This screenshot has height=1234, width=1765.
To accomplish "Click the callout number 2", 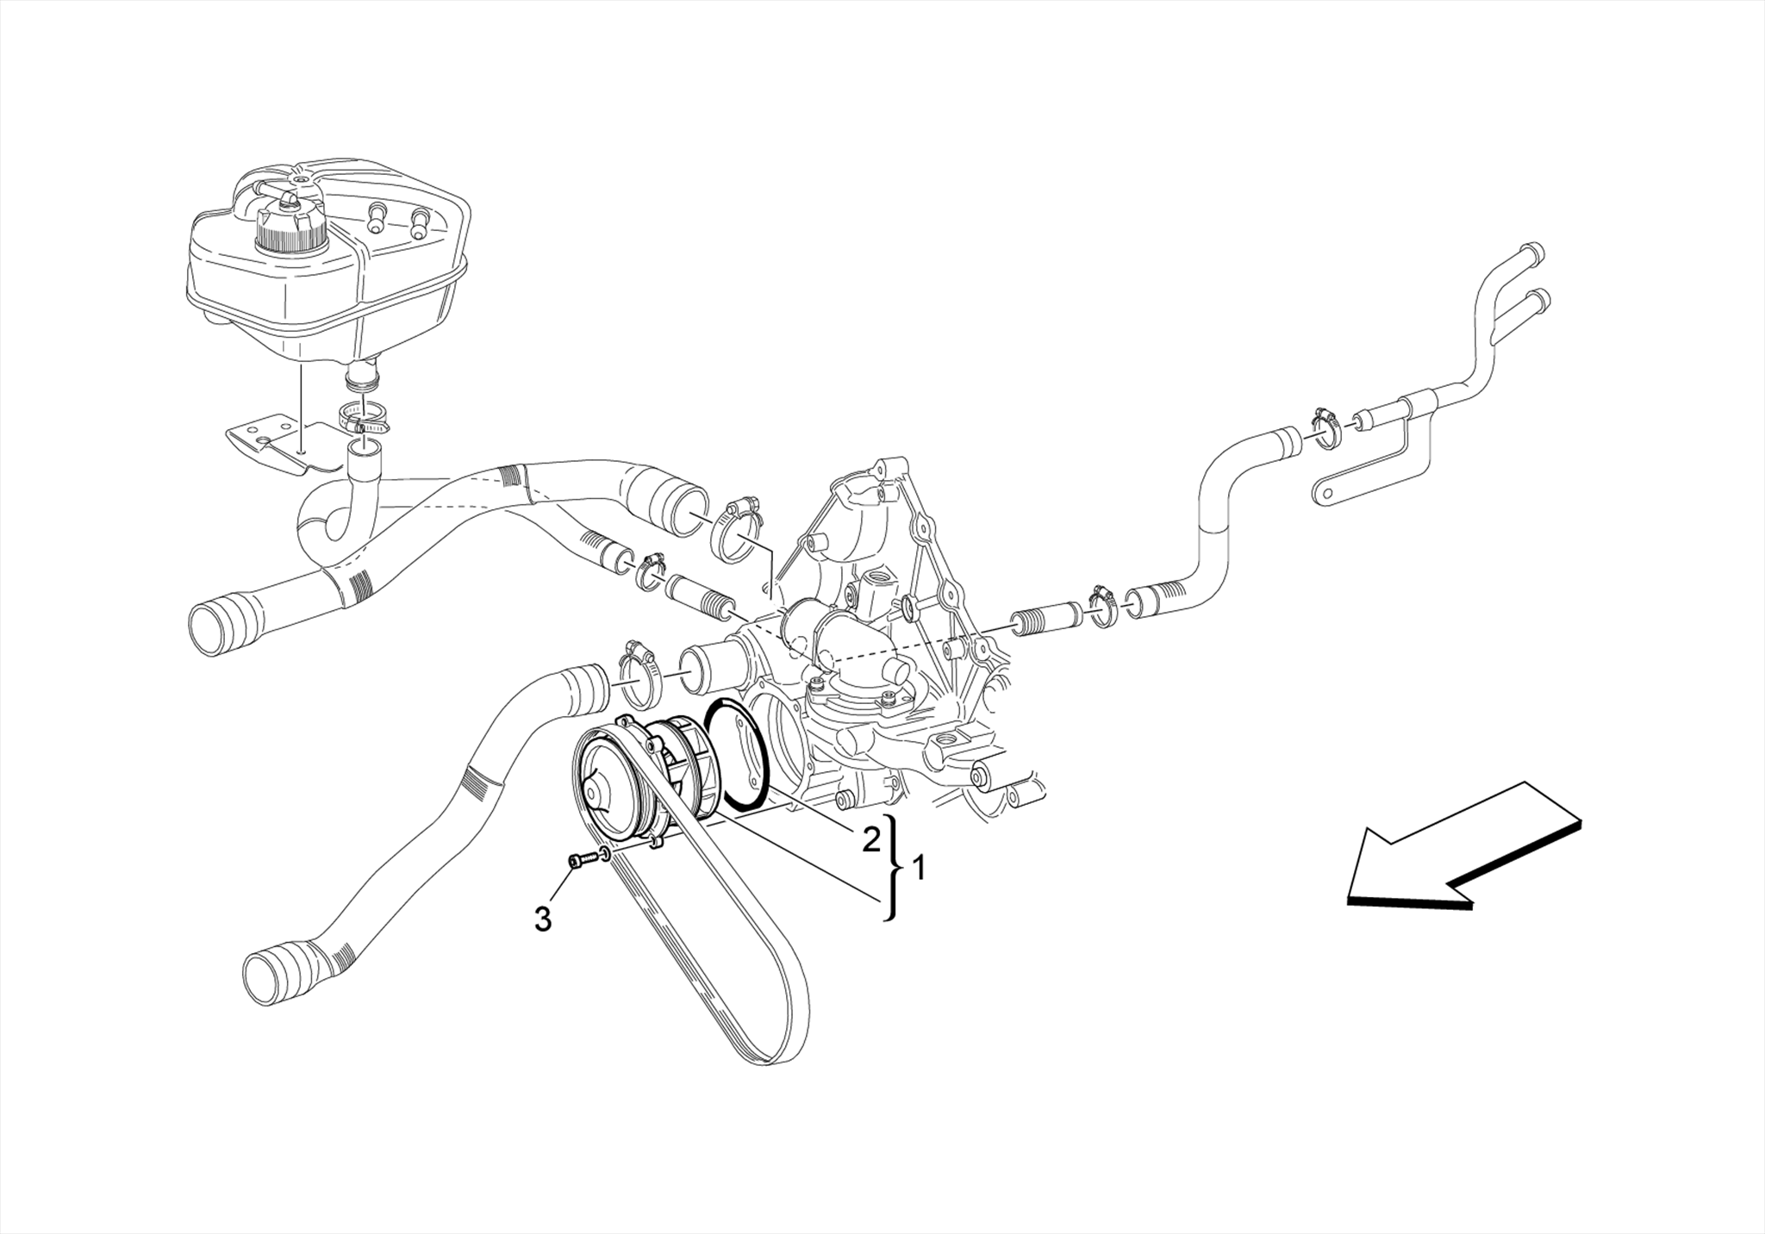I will click(x=871, y=838).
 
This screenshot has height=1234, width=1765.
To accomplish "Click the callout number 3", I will click(x=542, y=919).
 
